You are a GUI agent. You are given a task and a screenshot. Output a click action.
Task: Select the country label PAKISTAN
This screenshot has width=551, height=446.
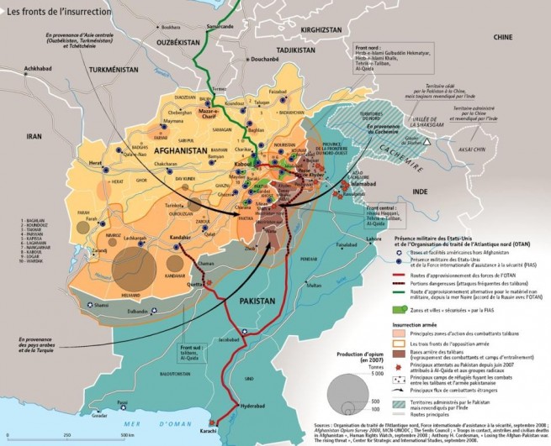[x=268, y=301]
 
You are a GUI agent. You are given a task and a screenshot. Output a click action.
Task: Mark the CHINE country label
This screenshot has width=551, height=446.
[x=503, y=38]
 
